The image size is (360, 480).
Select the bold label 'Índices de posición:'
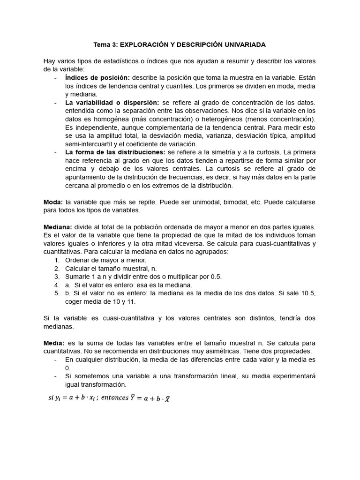97,77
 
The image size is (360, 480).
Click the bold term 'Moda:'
53,202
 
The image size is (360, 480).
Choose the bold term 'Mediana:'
58,227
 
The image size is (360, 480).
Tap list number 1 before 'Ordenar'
56,260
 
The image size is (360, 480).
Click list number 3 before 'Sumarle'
56,277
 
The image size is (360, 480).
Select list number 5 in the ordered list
56,293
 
